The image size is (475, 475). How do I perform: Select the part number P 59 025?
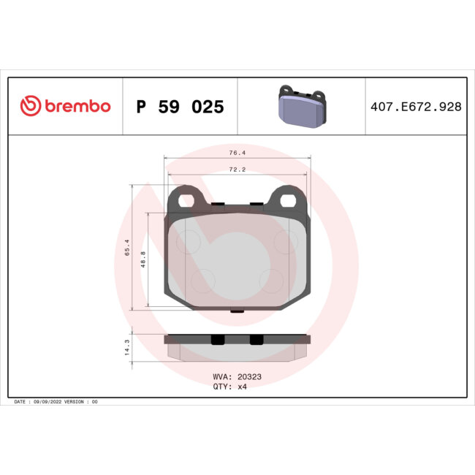click(x=180, y=107)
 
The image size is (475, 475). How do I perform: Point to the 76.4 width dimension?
click(x=237, y=153)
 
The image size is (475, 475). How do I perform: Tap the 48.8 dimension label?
click(x=142, y=259)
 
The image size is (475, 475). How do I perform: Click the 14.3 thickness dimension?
click(x=127, y=346)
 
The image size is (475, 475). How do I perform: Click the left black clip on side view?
click(x=217, y=340)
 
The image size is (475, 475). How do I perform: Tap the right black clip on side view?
click(x=256, y=340)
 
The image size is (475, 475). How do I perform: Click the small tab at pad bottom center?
click(x=237, y=311)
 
